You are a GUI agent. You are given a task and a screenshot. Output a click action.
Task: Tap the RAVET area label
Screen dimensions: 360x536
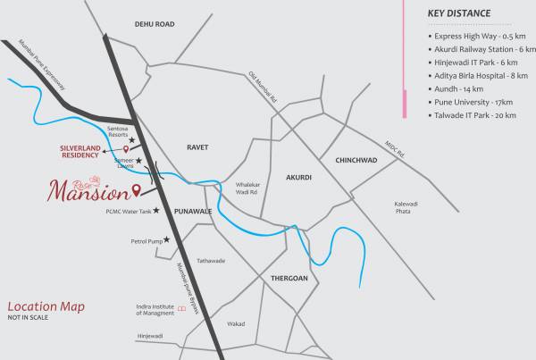tap(197, 145)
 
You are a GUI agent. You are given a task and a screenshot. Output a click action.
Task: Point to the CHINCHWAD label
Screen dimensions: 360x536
tap(356, 161)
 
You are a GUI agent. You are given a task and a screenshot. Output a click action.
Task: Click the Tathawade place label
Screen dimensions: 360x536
tap(211, 261)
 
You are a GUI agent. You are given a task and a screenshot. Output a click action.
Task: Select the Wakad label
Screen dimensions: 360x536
tap(236, 323)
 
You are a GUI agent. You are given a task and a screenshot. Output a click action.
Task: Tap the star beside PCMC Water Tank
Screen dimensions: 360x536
tap(157, 211)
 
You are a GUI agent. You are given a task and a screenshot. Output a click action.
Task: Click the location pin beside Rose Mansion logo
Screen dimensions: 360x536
tap(136, 189)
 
